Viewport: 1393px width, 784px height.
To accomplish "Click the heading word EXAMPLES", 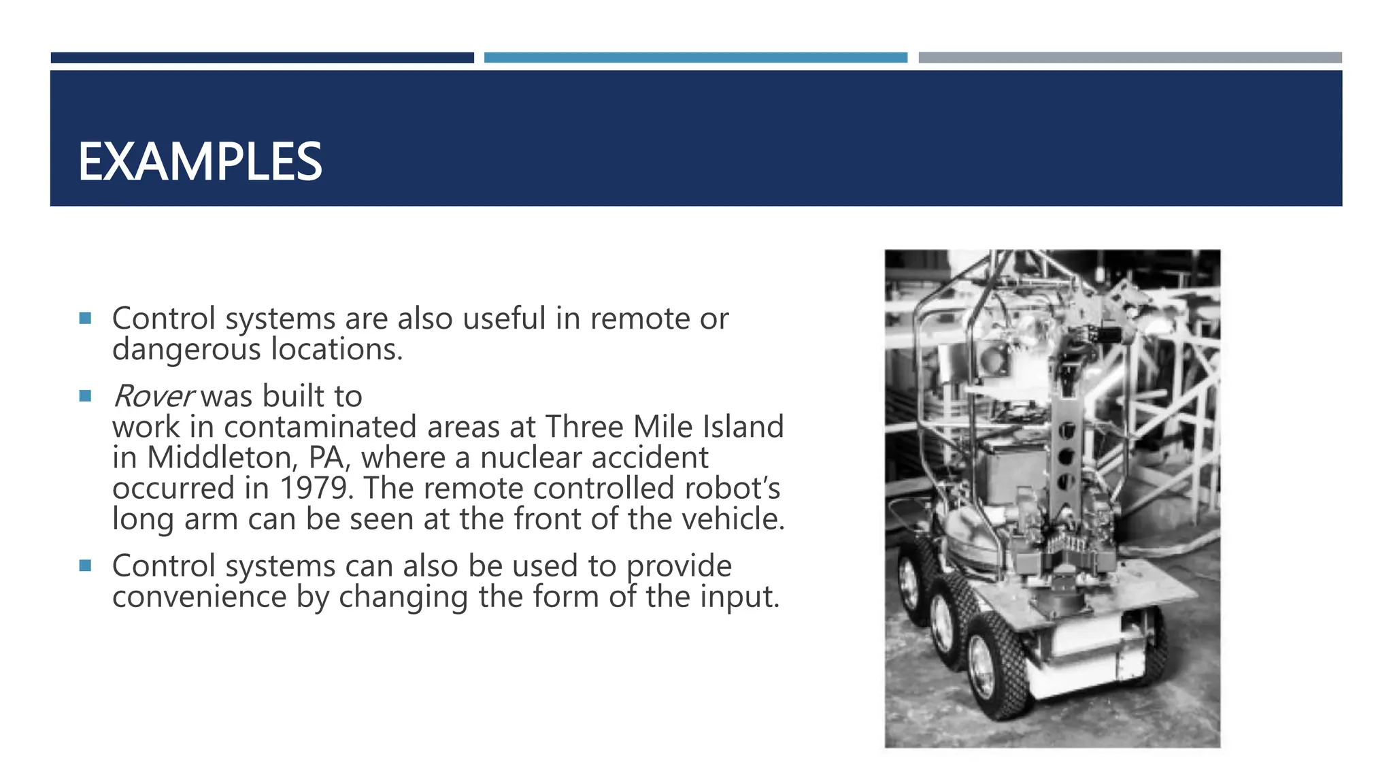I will tap(200, 162).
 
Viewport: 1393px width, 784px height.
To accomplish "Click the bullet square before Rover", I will tap(85, 396).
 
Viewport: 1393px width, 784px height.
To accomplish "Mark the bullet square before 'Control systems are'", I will tap(85, 318).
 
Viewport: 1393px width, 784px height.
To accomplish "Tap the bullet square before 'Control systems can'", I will tap(85, 566).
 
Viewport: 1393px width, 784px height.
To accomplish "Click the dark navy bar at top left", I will tap(262, 58).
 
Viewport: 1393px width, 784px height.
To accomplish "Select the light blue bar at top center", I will tap(695, 58).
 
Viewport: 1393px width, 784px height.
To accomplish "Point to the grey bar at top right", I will tap(1130, 58).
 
